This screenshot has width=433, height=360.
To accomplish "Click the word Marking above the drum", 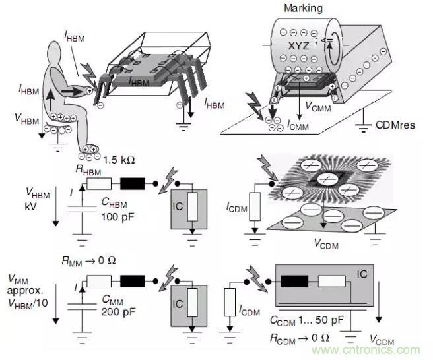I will [x=302, y=8].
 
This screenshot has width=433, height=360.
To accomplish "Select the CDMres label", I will [x=395, y=123].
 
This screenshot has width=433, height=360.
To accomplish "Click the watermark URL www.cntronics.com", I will [x=385, y=350].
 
